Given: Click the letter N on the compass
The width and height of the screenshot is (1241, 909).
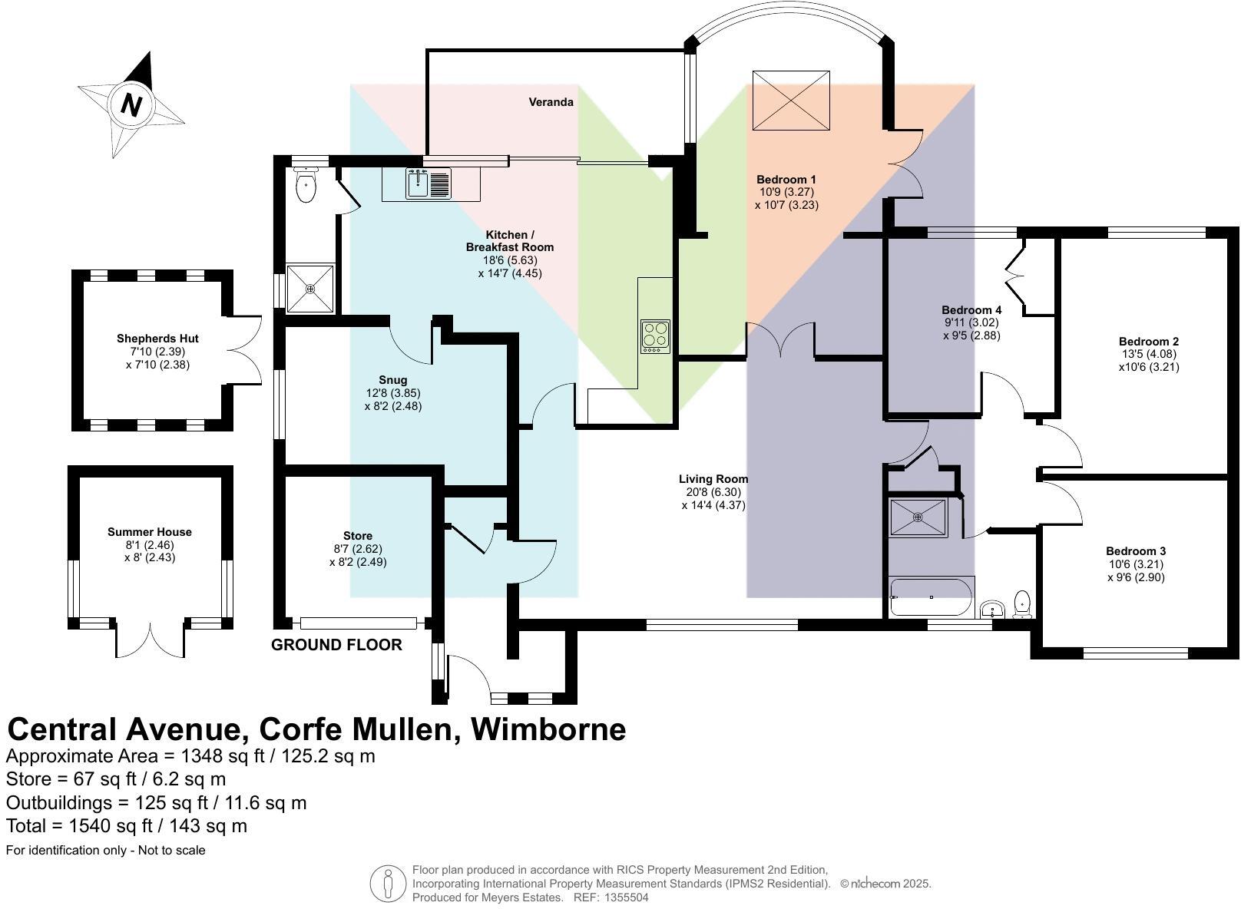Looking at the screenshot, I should pos(131,105).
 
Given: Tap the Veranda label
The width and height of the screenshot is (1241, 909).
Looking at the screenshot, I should pos(551,102).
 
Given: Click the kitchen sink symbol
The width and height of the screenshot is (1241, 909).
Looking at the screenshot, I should pos(418,183).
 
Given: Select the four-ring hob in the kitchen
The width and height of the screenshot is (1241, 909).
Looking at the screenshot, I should pos(655,336).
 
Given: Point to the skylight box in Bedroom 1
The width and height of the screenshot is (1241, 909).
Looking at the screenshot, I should pos(790,101).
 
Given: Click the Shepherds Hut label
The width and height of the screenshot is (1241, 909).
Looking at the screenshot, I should pos(157,339).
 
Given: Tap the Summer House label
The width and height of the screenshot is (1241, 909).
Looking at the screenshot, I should pos(150,532).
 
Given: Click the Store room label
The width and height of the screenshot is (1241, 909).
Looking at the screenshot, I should pos(358,536).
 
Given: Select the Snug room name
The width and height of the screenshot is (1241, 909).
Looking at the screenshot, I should pos(392,380).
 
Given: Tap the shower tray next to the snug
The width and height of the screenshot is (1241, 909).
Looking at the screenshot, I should pos(310,289).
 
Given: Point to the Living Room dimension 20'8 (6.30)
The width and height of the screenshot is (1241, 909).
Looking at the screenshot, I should pos(713,492).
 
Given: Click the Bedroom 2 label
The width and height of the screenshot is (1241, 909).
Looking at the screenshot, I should pos(1148,342).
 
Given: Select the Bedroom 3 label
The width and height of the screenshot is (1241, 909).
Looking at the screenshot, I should pos(1136,551).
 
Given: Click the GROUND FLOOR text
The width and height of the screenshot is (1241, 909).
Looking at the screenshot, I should pos(336,645).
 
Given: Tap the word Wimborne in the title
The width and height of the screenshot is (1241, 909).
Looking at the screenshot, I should pos(548,729).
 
